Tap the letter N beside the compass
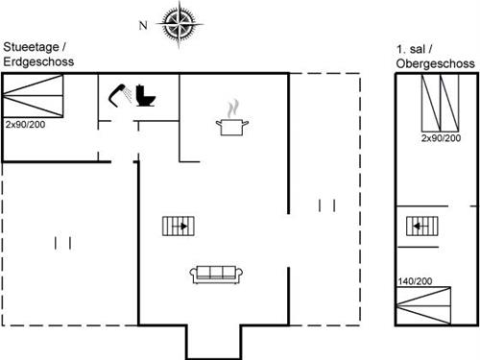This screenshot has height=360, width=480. point(143,26)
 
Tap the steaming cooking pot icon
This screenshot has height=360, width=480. point(230,126)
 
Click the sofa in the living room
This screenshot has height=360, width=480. point(215,275)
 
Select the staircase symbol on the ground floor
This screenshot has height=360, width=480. point(178,226)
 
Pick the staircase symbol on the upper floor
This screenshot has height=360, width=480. point(418,227)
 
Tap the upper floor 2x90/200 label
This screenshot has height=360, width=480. point(441,139)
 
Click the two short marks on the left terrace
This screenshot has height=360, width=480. point(63,242)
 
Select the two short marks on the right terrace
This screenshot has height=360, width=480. point(326,204)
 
